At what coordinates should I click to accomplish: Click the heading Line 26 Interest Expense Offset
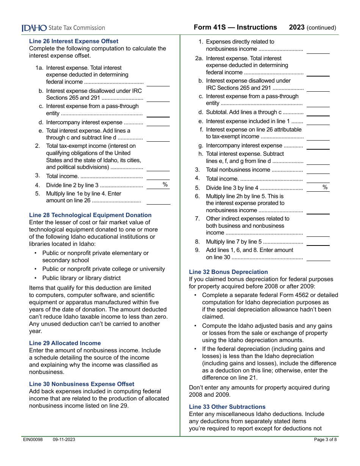click(74, 41)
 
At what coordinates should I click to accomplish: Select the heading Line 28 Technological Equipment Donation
click(90, 215)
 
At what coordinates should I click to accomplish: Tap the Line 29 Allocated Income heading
click(65, 343)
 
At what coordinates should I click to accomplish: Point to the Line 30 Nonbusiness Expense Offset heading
click(81, 384)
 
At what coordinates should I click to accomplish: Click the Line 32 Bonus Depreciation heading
click(228, 272)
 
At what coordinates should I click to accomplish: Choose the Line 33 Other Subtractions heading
click(227, 407)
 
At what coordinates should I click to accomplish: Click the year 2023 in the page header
click(297, 27)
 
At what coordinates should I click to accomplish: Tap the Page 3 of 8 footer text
click(325, 439)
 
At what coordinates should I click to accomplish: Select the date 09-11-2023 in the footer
click(64, 439)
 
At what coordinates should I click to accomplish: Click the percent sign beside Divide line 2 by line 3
click(165, 185)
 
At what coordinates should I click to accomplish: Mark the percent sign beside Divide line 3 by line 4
click(325, 187)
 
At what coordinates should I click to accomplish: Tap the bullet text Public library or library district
click(81, 278)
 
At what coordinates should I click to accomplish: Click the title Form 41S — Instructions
click(235, 27)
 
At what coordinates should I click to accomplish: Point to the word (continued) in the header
click(321, 28)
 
